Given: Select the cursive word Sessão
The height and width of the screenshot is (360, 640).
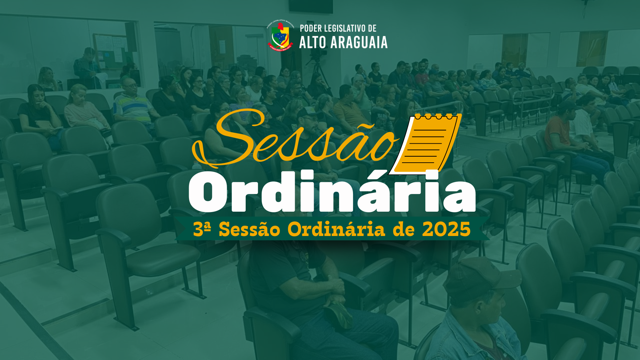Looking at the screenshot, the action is coord(295,138).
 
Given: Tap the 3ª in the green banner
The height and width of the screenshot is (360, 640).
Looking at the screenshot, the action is coord(202,229).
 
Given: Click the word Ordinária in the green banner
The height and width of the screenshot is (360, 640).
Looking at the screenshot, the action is coord(336,229).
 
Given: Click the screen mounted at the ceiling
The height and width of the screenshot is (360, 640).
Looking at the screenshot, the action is coord(311,6).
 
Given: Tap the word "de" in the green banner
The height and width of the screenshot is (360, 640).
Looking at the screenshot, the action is coord(404,229).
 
